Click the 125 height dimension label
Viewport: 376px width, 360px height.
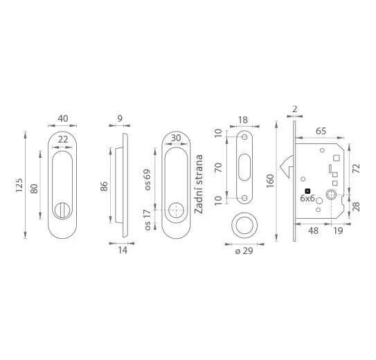pos(19,185)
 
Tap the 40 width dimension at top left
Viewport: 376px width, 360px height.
pos(63,118)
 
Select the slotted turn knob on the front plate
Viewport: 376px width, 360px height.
pos(62,210)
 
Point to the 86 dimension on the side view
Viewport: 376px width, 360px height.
pos(104,186)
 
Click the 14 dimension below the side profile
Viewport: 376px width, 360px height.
pos(123,250)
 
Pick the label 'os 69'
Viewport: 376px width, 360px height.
pos(147,180)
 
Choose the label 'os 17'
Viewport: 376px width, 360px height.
pos(147,220)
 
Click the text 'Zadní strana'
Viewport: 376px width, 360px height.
pos(199,184)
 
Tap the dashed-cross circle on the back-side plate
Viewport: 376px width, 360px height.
pos(176,210)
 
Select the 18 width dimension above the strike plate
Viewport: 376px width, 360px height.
pos(243,120)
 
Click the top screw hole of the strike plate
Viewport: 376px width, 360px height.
pos(244,137)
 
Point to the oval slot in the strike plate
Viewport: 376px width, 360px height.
pos(244,167)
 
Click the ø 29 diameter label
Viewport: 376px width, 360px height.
pos(244,251)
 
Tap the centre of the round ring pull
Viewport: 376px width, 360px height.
pos(244,226)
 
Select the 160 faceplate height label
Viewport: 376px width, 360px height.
pos(270,181)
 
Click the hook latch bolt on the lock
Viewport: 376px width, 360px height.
pos(287,167)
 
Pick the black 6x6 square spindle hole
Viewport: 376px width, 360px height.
pos(307,191)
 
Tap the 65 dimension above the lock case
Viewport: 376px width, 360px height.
pos(321,131)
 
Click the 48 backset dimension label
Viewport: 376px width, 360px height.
pos(314,231)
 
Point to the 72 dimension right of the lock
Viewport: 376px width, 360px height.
pos(356,168)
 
